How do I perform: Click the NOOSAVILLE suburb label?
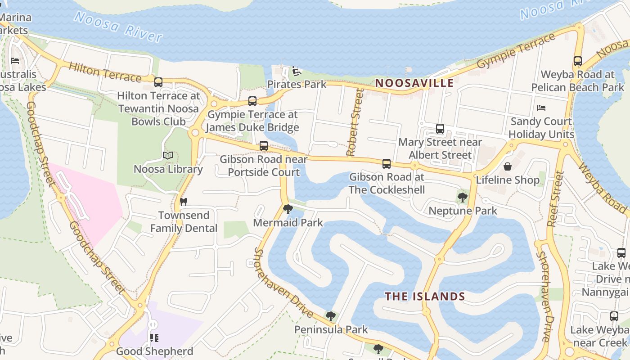414,83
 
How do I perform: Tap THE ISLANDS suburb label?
425,296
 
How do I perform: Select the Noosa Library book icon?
168,156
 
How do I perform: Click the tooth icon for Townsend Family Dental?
183,202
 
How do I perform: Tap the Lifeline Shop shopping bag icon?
508,166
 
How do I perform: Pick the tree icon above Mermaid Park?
288,209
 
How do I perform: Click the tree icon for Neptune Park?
462,197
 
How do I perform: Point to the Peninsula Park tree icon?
331,316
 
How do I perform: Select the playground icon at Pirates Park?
296,71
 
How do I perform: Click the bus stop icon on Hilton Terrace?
158,82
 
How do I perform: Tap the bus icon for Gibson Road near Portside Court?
264,146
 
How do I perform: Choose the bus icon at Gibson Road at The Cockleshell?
387,164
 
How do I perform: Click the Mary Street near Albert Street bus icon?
440,129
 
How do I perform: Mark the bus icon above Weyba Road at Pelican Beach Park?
578,61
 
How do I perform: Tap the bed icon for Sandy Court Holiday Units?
541,108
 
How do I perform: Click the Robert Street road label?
355,122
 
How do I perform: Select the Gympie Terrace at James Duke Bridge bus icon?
252,101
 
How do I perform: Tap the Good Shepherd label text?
154,351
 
